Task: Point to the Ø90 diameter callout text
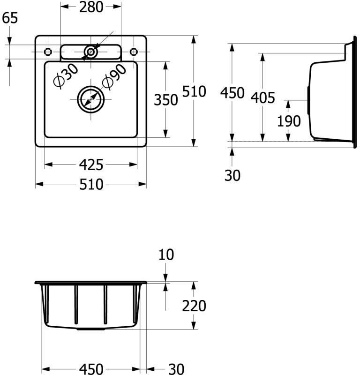click(114, 76)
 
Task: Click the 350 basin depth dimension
click(166, 100)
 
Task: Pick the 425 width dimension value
click(91, 165)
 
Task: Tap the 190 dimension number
click(288, 121)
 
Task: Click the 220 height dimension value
click(194, 306)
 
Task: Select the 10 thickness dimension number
click(166, 255)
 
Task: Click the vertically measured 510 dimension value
click(194, 91)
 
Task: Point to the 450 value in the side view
click(232, 93)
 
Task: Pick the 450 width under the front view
click(91, 369)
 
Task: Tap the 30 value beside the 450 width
click(176, 369)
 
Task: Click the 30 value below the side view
click(232, 175)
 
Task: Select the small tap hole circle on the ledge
click(91, 52)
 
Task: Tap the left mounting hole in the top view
click(48, 51)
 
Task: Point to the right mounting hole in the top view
click(133, 51)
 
